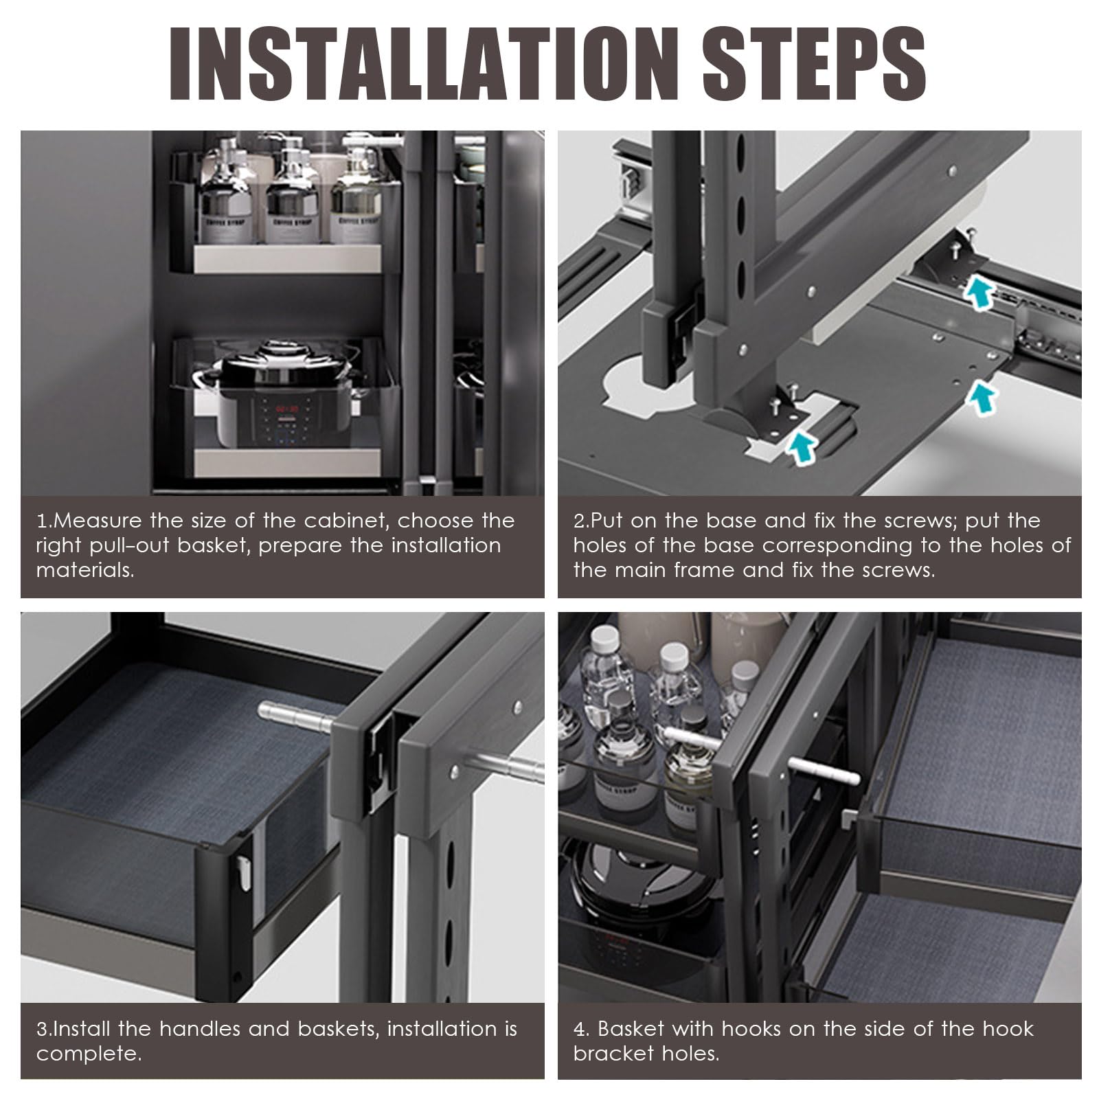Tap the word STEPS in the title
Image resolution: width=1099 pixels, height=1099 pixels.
click(814, 66)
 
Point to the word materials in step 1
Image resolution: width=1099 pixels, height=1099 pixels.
click(85, 570)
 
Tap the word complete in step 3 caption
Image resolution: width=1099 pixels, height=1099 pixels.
click(89, 1054)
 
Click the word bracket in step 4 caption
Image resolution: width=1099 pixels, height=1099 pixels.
click(610, 1054)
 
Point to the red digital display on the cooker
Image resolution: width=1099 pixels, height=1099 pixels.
click(286, 408)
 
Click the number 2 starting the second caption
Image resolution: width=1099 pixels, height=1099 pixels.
click(578, 521)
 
